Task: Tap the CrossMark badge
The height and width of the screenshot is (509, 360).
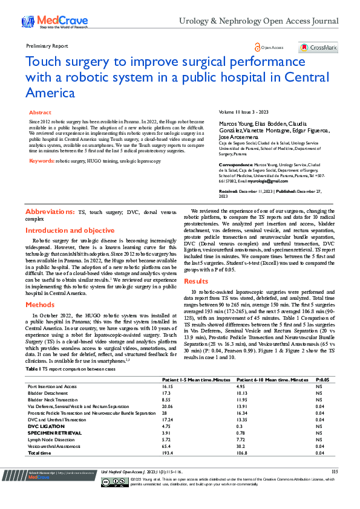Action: coord(318,47)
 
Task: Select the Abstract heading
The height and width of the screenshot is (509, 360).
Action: coord(40,112)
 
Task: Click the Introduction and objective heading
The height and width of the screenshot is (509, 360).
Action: coord(70,230)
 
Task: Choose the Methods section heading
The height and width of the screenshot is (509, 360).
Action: coord(40,305)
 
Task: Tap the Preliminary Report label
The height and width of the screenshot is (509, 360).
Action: coord(47,45)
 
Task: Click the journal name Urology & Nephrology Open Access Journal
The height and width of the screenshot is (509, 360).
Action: coord(258,21)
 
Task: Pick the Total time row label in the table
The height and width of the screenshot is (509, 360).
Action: coord(39,453)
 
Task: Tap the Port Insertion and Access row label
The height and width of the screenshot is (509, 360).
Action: coord(52,386)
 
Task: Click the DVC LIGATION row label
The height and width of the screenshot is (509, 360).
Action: coord(45,426)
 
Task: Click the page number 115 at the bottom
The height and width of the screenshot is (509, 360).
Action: coord(335,471)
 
